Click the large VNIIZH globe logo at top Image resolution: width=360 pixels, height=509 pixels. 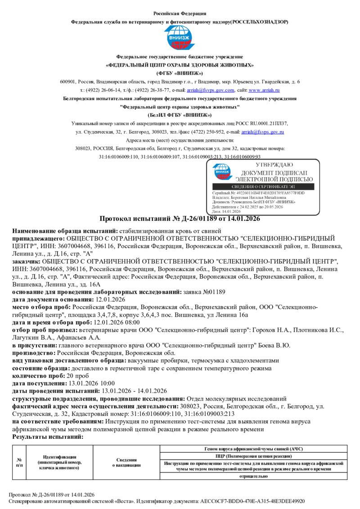tap(180, 38)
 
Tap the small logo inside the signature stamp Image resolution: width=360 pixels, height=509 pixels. tap(222, 173)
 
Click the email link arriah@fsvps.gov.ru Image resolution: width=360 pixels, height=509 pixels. tap(263, 132)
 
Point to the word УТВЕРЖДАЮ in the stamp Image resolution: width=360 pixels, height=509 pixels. tap(268, 165)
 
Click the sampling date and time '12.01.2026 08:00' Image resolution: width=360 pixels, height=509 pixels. tap(116, 322)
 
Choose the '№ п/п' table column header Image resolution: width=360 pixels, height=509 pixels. tap(19, 462)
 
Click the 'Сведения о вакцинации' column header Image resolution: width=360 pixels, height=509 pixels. tap(126, 462)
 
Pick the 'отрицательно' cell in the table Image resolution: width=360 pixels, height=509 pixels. tap(253, 476)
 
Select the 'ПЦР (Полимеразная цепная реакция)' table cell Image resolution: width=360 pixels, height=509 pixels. tap(253, 455)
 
